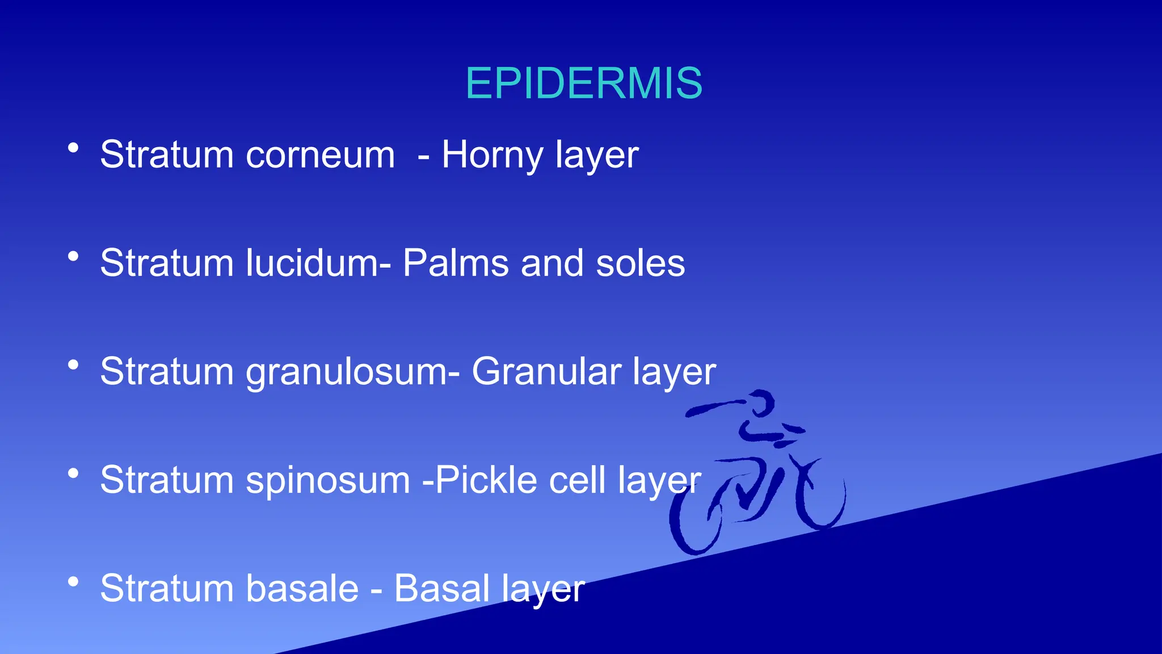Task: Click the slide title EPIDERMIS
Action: (584, 83)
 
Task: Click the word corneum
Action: (320, 154)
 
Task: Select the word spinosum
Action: (327, 480)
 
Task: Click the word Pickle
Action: (486, 480)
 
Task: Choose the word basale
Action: (302, 588)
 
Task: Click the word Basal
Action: (441, 588)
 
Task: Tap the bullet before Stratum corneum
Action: (73, 148)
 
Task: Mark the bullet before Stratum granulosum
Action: (73, 364)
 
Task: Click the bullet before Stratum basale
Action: (73, 581)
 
